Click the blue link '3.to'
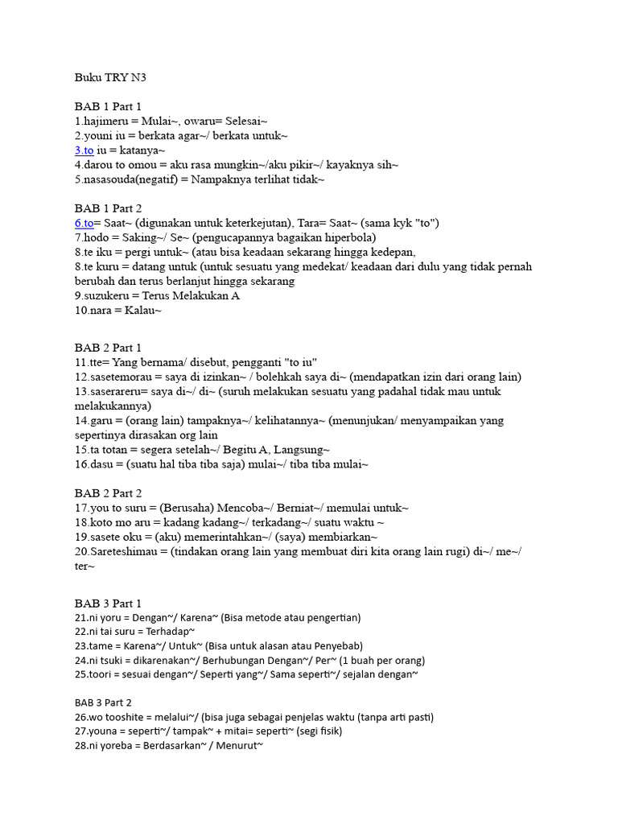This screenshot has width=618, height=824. pyautogui.click(x=84, y=150)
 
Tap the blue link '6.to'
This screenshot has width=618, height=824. pyautogui.click(x=84, y=223)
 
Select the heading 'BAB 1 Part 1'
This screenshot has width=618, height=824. pyautogui.click(x=108, y=106)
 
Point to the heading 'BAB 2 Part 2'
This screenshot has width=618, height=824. pyautogui.click(x=108, y=493)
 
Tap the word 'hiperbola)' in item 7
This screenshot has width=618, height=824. pyautogui.click(x=348, y=237)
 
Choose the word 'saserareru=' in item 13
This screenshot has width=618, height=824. pyautogui.click(x=122, y=391)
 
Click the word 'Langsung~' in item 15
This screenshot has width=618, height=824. pyautogui.click(x=301, y=449)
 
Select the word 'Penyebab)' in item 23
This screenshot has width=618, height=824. pyautogui.click(x=339, y=646)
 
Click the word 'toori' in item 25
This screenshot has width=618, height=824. pyautogui.click(x=102, y=674)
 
